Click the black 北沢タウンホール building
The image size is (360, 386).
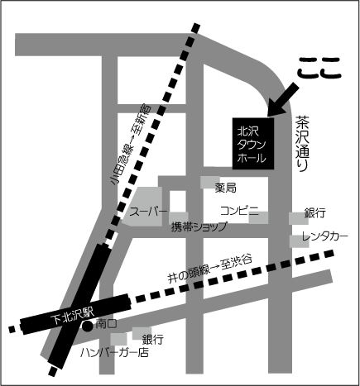coord(253,143)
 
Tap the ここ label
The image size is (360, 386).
coord(319,68)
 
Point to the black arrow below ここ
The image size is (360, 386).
coord(283,99)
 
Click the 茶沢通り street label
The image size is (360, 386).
coord(302,143)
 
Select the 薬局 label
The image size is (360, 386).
coord(226,188)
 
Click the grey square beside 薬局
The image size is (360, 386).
coord(210,182)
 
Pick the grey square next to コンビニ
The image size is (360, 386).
coord(258,217)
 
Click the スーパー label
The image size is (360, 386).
coord(148,212)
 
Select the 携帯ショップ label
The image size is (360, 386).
coord(199,226)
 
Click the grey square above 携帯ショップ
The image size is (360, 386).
coord(179,218)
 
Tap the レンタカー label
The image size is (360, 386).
coord(324,236)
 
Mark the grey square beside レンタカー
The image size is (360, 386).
coord(299,241)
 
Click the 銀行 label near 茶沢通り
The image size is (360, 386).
coord(315,213)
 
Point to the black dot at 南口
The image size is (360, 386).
coord(88,326)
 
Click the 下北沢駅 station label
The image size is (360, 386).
coord(73,316)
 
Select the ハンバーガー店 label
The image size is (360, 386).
coord(114,352)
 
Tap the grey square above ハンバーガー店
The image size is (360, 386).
coord(119,339)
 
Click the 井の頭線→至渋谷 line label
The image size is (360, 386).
coord(210,269)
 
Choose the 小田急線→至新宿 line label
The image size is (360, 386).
coord(131,145)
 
